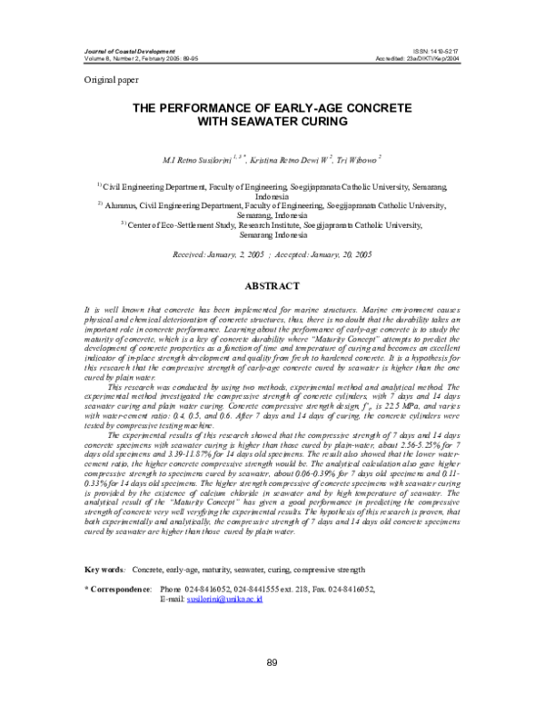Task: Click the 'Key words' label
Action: coord(104,570)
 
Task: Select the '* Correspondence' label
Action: coord(116,591)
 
